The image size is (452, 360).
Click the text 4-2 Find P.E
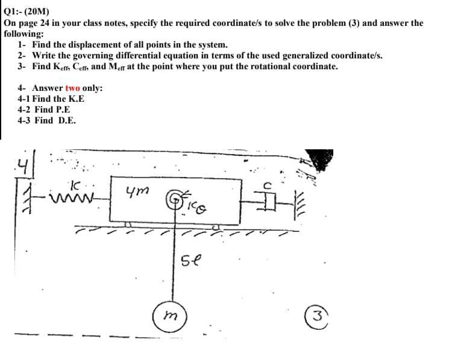click(x=44, y=110)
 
